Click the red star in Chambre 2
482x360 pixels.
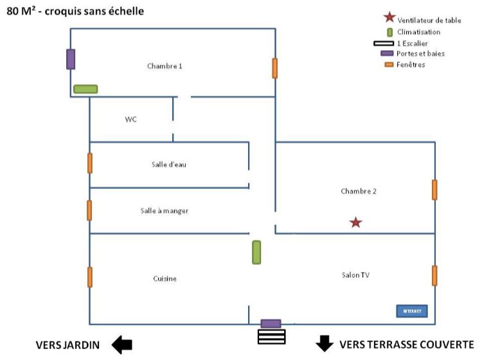[355, 222]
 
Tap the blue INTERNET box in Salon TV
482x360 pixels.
[411, 311]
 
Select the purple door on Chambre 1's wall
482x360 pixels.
[71, 59]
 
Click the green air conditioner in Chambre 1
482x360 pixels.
[85, 89]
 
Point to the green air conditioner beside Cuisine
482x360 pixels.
[256, 252]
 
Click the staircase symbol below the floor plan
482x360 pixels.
[271, 336]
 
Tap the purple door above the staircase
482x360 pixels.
[271, 323]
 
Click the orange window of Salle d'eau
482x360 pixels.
[89, 163]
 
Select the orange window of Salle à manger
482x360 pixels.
[89, 210]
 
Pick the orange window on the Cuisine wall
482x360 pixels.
[89, 277]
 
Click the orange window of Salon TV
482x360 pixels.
[435, 275]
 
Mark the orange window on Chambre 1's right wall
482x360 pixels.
[275, 68]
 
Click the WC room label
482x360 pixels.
[131, 120]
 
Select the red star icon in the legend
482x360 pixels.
[388, 19]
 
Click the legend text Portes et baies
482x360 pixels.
[420, 53]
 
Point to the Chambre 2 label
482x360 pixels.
[358, 192]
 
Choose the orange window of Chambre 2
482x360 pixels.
[435, 190]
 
